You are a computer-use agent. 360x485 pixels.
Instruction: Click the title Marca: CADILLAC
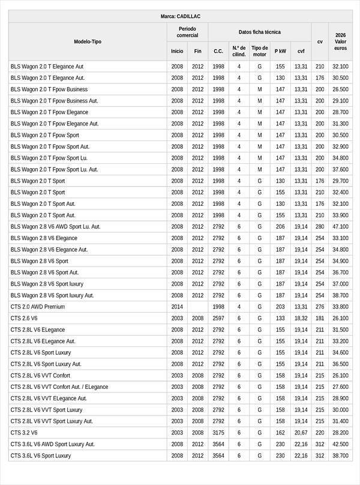click(x=181, y=16)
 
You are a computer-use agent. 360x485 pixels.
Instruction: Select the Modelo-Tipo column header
click(x=88, y=41)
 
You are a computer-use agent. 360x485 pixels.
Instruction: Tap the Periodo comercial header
click(x=187, y=32)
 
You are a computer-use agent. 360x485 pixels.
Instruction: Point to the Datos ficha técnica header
click(x=259, y=32)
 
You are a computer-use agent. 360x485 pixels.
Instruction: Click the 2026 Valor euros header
click(x=340, y=41)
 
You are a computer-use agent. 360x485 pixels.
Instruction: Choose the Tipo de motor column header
click(x=260, y=51)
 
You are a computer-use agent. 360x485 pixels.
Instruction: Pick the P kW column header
click(x=280, y=51)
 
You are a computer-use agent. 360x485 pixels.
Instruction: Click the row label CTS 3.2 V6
click(x=24, y=432)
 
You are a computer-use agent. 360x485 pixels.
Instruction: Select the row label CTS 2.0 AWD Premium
click(x=38, y=307)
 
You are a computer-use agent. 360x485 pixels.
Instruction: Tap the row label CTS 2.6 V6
click(x=24, y=318)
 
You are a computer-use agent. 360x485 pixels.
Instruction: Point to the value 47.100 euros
click(x=340, y=227)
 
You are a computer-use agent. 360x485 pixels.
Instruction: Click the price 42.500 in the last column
click(x=340, y=444)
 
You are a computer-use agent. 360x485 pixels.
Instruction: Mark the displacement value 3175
click(x=218, y=432)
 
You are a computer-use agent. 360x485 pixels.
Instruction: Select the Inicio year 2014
click(x=177, y=307)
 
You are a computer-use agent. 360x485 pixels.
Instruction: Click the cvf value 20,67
click(x=301, y=432)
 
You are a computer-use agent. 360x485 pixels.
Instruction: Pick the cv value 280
click(x=320, y=227)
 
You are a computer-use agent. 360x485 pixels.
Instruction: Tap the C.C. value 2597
click(x=218, y=318)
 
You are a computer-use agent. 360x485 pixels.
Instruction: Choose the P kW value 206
click(x=280, y=227)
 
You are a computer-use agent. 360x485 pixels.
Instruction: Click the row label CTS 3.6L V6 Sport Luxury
click(x=41, y=456)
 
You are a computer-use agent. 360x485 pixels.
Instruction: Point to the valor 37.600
click(x=340, y=169)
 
